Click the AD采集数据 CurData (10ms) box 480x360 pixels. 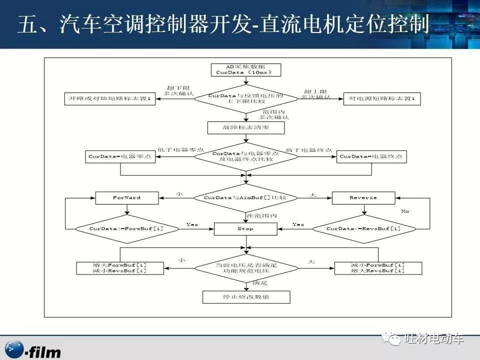tap(245, 69)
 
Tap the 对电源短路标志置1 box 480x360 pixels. tap(382, 99)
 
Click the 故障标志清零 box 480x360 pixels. tap(245, 128)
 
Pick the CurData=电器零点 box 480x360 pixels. tap(120, 156)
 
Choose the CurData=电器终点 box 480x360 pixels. tap(371, 156)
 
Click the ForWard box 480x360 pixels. tap(126, 197)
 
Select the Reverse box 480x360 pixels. tap(363, 197)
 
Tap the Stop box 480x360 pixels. tap(245, 228)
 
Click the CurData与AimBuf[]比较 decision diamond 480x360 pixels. tap(245, 197)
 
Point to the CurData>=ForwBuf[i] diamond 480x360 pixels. tap(126, 228)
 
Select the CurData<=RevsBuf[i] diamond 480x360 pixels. tap(363, 228)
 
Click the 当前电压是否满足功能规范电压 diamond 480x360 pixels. tap(245, 267)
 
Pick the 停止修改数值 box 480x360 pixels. tap(245, 297)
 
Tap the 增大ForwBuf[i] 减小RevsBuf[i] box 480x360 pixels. tap(120, 267)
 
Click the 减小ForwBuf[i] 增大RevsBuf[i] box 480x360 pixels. tap(370, 267)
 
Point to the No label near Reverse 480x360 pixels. tap(405, 211)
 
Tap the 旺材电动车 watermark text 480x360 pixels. tap(433, 338)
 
